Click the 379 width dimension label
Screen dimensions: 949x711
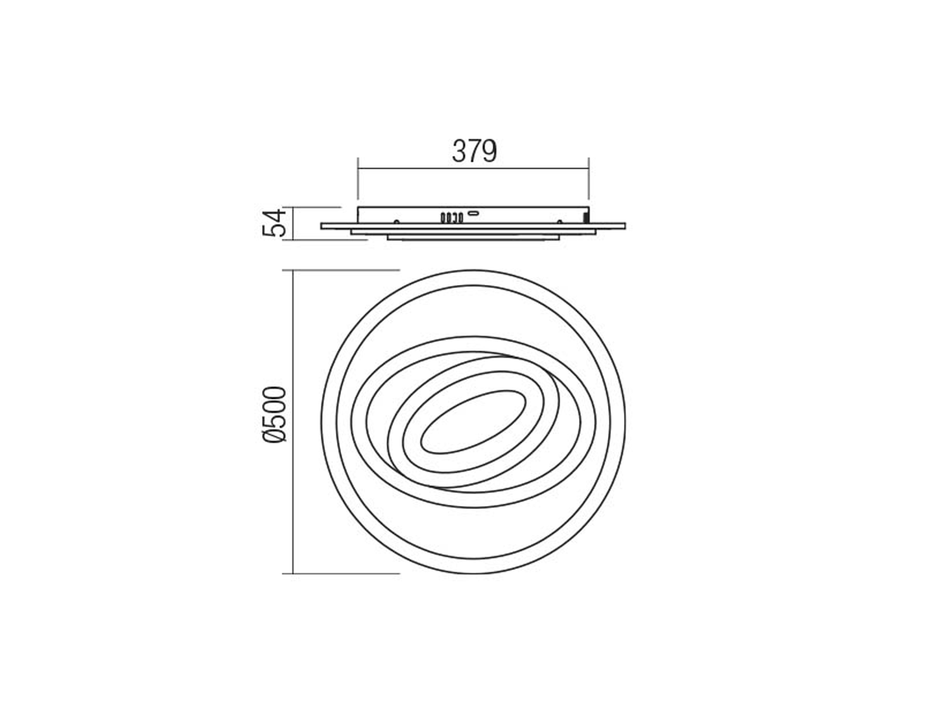[475, 151]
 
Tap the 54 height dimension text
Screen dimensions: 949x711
[275, 222]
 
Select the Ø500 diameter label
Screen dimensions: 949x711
[275, 415]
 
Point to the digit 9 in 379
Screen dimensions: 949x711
[490, 151]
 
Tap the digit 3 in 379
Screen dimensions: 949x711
[459, 151]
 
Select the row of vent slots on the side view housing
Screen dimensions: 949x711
[452, 217]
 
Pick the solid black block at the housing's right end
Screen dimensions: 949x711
[586, 217]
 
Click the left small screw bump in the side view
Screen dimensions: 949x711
[396, 222]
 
